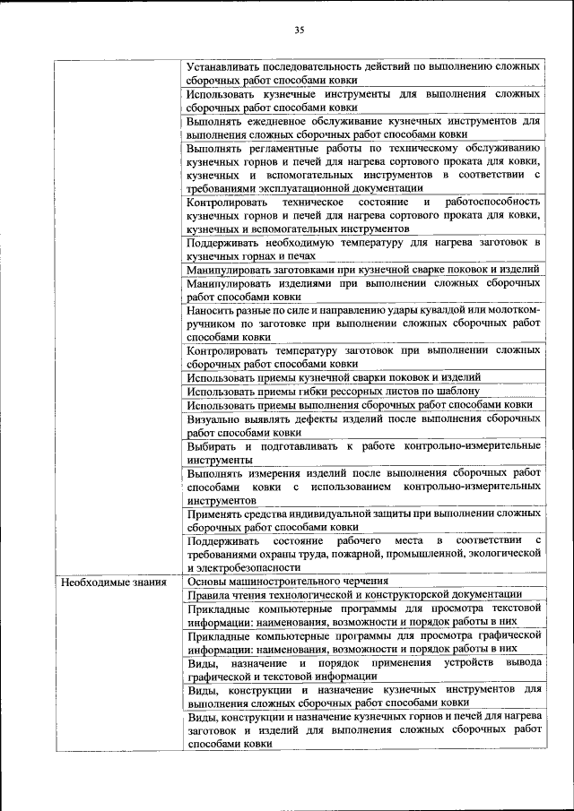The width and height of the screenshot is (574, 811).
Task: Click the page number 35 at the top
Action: [300, 30]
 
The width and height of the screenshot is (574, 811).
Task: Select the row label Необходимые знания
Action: [102, 582]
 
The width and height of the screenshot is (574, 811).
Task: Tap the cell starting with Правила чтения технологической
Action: [354, 594]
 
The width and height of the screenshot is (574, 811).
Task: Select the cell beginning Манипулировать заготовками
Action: [363, 269]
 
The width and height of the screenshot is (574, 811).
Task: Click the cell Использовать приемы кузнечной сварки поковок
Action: [334, 377]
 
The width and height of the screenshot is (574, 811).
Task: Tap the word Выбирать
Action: [212, 445]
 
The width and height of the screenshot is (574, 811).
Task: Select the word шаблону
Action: [458, 391]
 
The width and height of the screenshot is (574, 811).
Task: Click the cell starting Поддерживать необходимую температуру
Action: [363, 248]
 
